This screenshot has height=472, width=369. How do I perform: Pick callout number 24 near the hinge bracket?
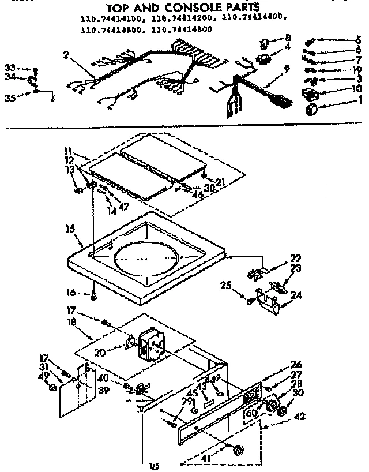pyautogui.click(x=297, y=296)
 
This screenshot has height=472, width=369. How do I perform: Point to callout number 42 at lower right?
pyautogui.click(x=299, y=416)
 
